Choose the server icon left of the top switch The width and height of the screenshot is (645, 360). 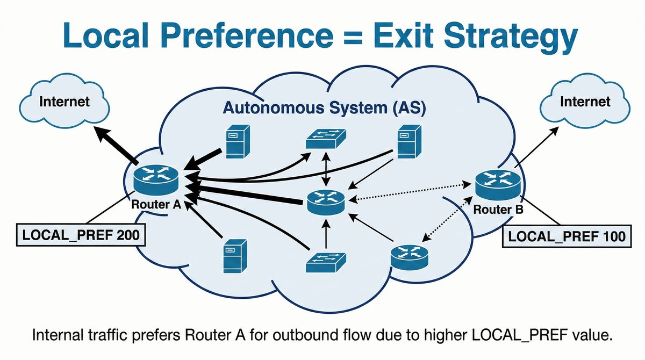click(235, 141)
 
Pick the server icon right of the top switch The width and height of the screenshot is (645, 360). click(407, 141)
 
